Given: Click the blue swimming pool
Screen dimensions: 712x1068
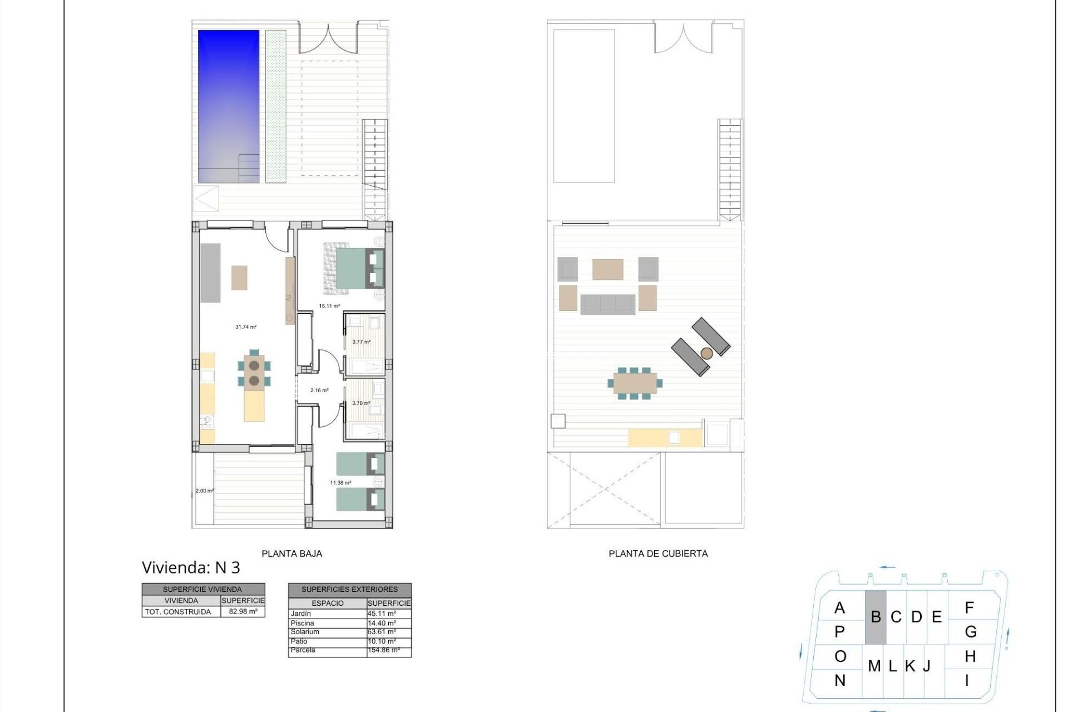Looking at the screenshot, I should (229, 106).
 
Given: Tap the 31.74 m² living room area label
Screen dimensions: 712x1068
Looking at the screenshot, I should (246, 327).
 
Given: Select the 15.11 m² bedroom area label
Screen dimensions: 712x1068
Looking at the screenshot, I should (329, 306).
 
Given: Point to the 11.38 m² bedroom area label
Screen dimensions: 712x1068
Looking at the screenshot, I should (340, 483).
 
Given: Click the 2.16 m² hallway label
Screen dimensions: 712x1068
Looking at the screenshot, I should (319, 390).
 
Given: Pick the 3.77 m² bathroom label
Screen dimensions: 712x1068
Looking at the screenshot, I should (361, 342).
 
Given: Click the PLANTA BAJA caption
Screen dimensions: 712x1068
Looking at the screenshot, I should (291, 553).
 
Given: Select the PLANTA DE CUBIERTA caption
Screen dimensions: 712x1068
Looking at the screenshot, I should (658, 553).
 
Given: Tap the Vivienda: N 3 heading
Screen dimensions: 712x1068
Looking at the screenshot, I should (191, 567).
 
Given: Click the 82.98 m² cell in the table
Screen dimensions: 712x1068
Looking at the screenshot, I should (243, 611).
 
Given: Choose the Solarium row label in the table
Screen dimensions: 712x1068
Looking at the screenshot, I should (305, 632).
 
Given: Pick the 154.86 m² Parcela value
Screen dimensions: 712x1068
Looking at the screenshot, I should (383, 650).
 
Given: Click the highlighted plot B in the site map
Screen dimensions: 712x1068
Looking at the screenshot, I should (876, 617).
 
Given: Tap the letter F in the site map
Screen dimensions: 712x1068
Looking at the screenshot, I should (969, 607).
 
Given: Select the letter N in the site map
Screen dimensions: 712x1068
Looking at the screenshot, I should (840, 680).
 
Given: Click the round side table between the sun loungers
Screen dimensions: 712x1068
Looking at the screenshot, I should (706, 353).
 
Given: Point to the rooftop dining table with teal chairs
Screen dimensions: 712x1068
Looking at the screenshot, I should (635, 383).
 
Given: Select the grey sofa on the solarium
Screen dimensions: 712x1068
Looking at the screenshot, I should (607, 304).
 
